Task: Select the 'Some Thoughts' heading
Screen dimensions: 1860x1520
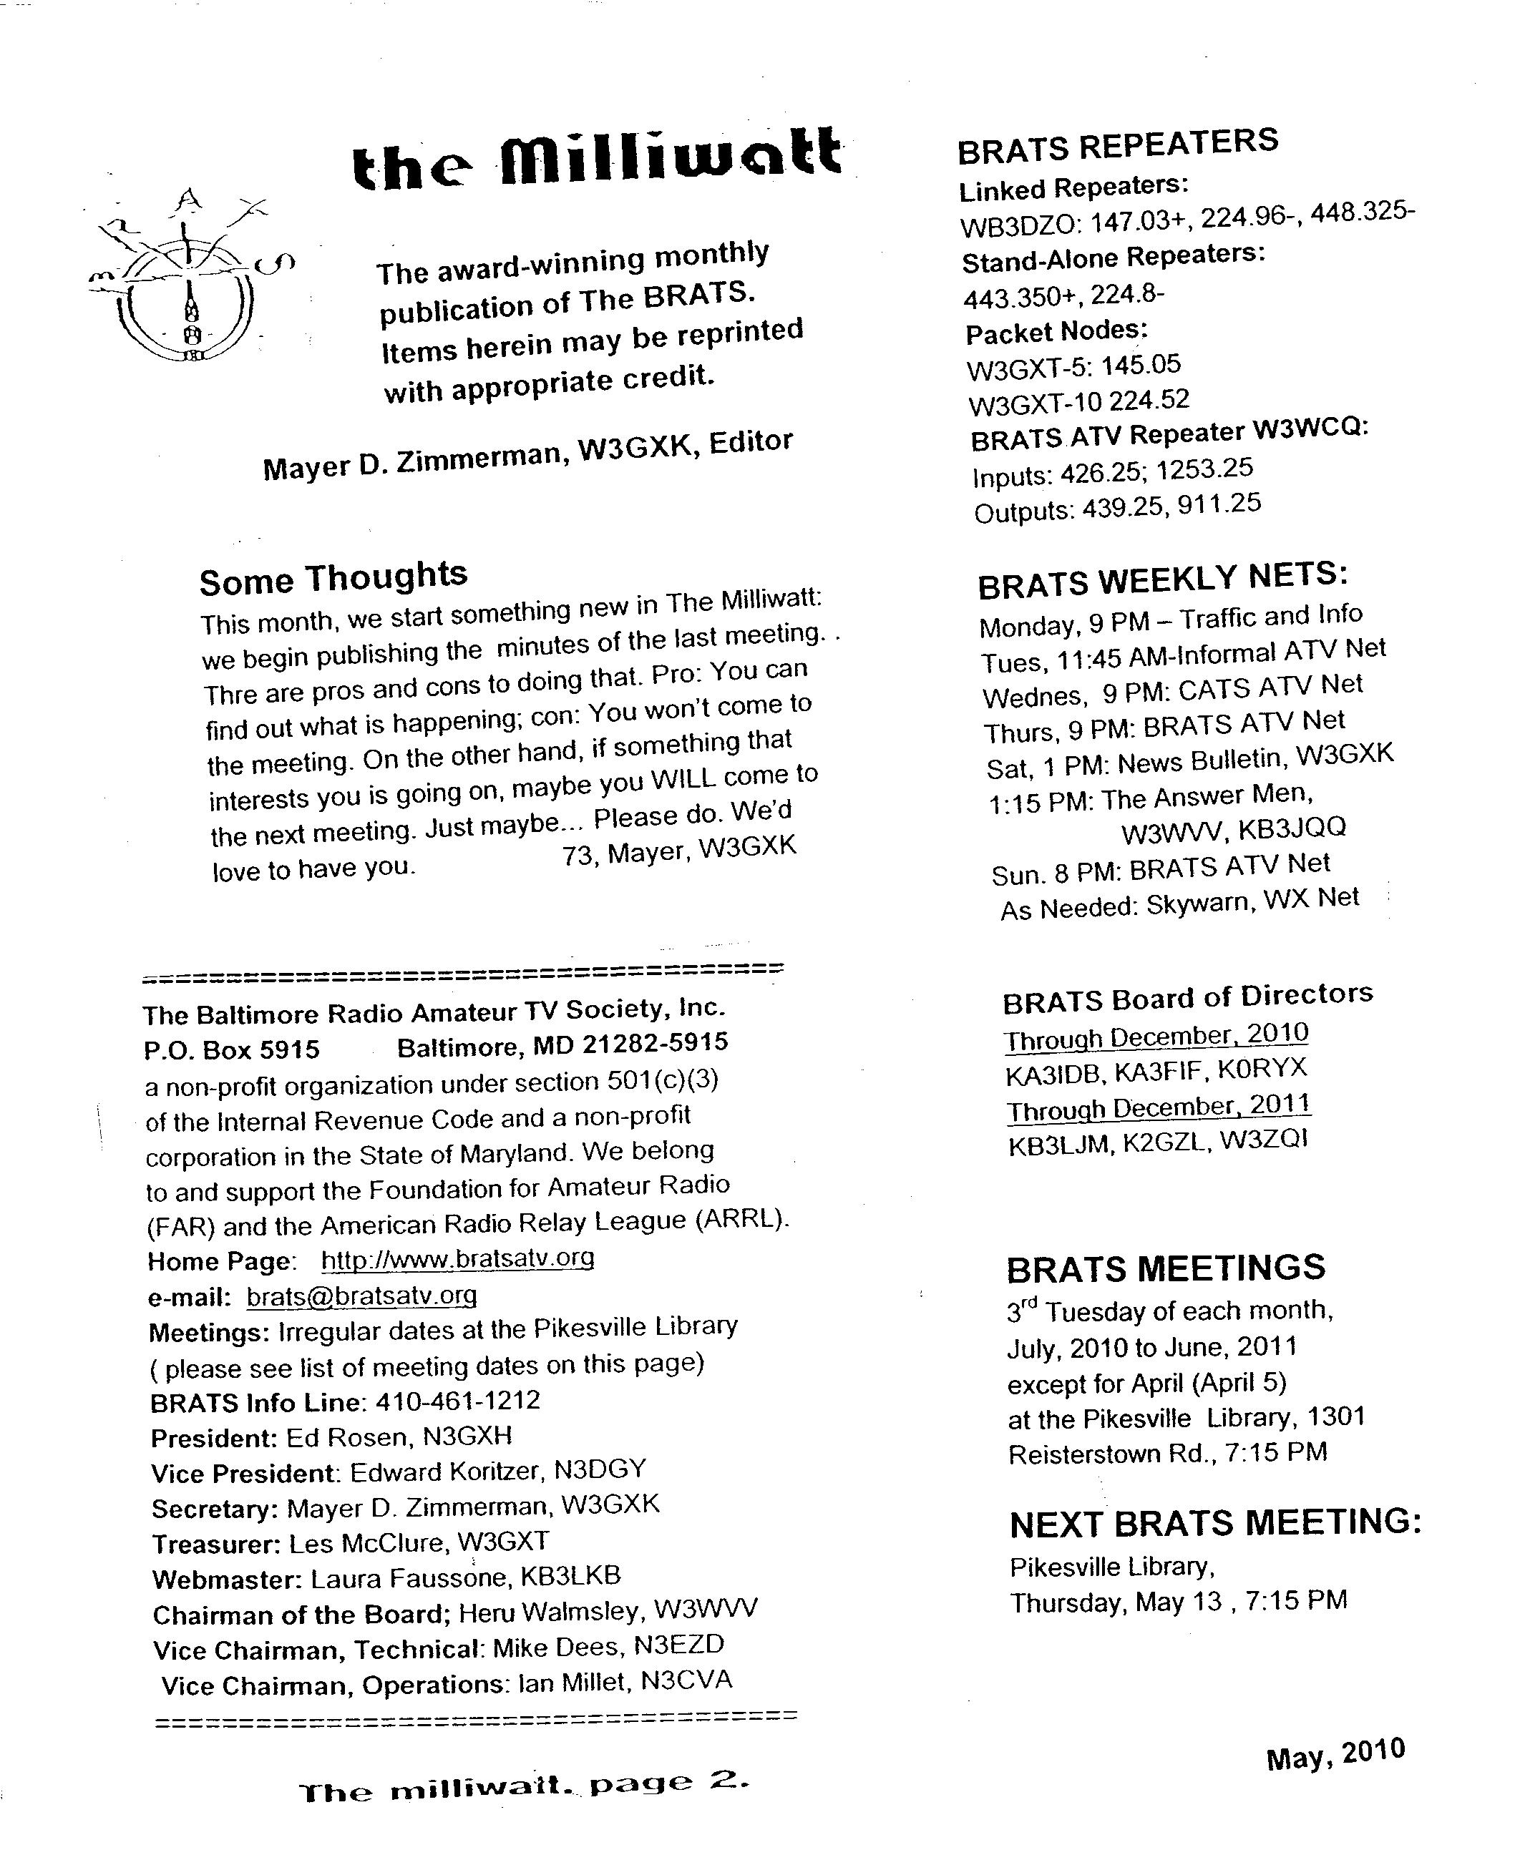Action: click(333, 578)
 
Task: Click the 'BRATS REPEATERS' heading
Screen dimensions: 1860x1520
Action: click(1117, 146)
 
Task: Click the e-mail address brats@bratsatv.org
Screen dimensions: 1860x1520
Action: click(361, 1296)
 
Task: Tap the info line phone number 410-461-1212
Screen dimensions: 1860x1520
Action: click(458, 1401)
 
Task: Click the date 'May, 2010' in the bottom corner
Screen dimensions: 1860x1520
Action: click(1335, 1753)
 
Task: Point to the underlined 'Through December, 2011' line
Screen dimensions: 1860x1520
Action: click(1159, 1108)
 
